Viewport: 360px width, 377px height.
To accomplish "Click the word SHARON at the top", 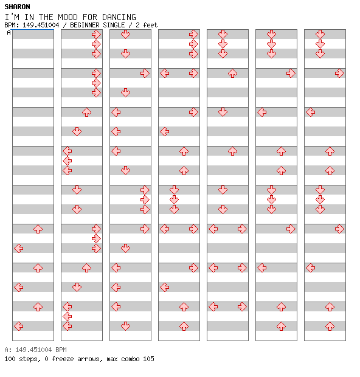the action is pyautogui.click(x=17, y=7).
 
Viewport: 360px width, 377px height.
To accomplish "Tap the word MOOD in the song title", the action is pyautogui.click(x=68, y=17).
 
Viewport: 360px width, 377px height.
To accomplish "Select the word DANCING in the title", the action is pyautogui.click(x=119, y=17).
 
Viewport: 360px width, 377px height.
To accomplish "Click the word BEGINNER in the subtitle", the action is pyautogui.click(x=85, y=25).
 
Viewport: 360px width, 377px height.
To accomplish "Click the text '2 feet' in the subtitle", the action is pyautogui.click(x=147, y=25).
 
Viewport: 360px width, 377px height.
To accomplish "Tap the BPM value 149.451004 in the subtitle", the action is pyautogui.click(x=41, y=25).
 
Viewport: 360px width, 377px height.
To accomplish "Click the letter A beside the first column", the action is pyautogui.click(x=9, y=32).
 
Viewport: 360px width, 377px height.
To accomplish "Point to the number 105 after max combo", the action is pyautogui.click(x=148, y=359).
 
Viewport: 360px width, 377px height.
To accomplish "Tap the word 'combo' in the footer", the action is pyautogui.click(x=130, y=359).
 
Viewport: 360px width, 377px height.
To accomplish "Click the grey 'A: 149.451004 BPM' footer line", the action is pyautogui.click(x=36, y=350).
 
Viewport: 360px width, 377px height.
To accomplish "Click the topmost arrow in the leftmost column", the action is pyautogui.click(x=38, y=229).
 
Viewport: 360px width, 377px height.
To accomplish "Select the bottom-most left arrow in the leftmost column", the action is pyautogui.click(x=19, y=327).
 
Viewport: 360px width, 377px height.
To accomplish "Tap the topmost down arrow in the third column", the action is pyautogui.click(x=125, y=35).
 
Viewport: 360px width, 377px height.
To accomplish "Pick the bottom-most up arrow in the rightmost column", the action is pyautogui.click(x=330, y=327).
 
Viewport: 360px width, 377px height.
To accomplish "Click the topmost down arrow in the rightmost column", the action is pyautogui.click(x=320, y=35).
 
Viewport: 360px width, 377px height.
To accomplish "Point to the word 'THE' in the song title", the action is pyautogui.click(x=46, y=17).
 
